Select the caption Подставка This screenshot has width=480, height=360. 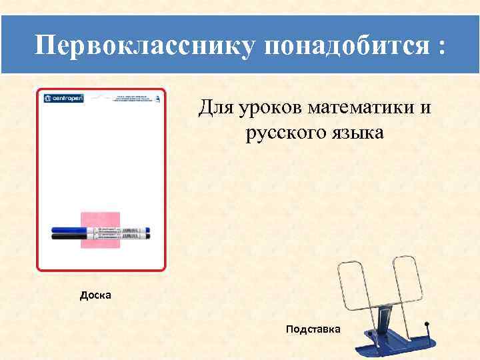coord(313,329)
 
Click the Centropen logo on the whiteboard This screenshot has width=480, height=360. coord(64,98)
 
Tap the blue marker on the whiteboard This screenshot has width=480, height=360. coord(100,229)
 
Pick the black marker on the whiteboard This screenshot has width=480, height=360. coord(100,235)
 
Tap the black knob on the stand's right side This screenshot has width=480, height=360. coord(427,325)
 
